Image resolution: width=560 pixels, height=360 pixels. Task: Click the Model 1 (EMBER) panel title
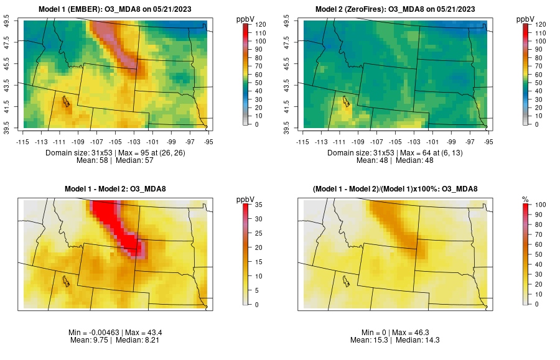pos(118,9)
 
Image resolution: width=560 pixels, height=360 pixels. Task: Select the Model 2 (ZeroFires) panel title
pos(397,9)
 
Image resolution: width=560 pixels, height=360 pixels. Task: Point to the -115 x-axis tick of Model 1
pos(24,141)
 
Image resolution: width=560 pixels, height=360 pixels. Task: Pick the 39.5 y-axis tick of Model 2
pos(294,127)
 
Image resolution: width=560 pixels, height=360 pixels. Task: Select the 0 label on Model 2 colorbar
pos(536,124)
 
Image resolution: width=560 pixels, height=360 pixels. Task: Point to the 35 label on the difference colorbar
pos(257,204)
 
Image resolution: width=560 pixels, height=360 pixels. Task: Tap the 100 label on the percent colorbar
pos(536,204)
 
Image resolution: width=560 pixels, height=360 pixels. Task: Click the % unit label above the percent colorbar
pos(525,200)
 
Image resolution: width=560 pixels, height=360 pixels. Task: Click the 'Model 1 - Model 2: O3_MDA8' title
pos(118,189)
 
